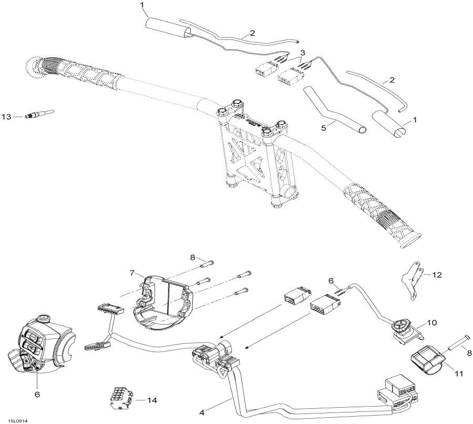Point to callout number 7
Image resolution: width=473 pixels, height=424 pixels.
133,273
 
